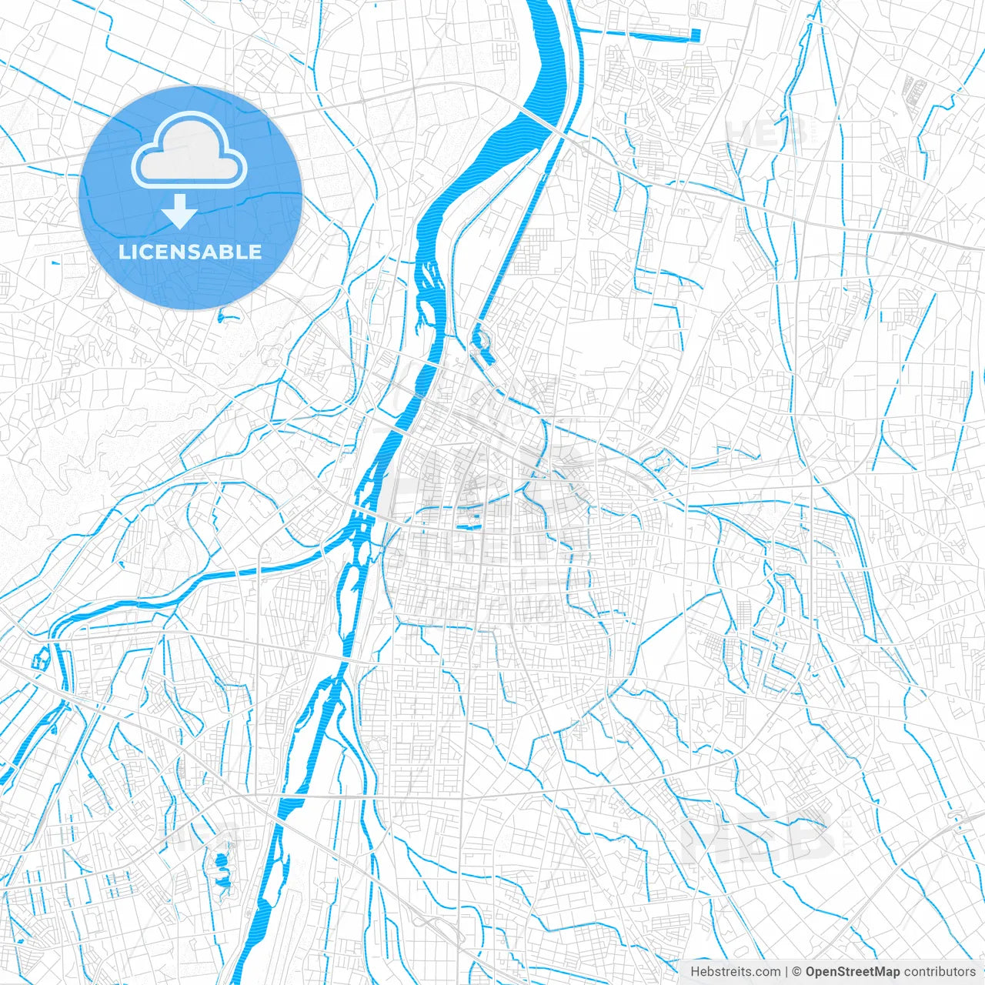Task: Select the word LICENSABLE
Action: [x=189, y=252]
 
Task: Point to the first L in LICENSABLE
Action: [x=123, y=252]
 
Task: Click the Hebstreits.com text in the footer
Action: [x=735, y=972]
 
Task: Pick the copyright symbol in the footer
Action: [x=797, y=972]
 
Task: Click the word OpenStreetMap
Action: [x=852, y=972]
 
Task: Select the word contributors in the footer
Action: [x=940, y=972]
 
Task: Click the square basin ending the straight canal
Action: [x=695, y=35]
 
